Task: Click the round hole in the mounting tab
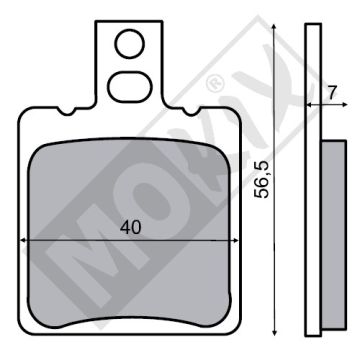pos(129,44)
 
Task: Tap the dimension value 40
pos(129,228)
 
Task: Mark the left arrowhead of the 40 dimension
pos(26,241)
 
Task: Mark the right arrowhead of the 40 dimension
pos(233,241)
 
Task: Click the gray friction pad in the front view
pos(129,190)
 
